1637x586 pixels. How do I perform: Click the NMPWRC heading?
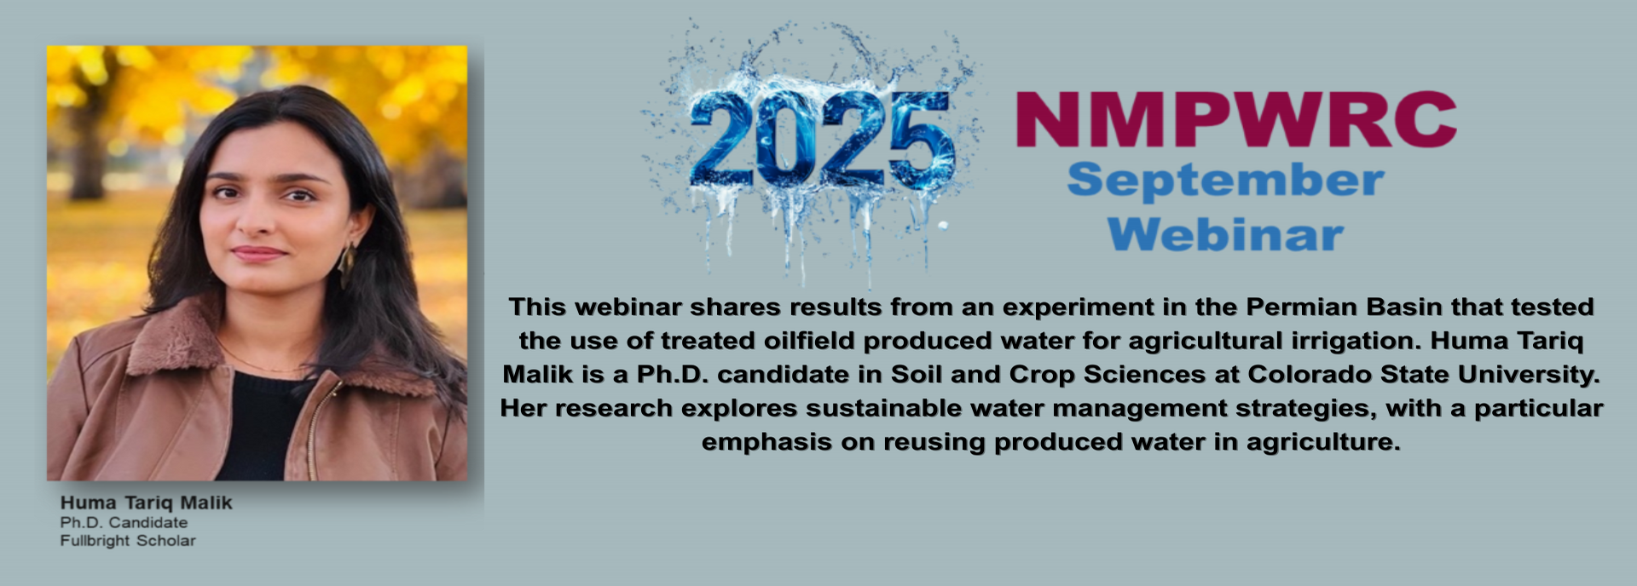coord(1236,120)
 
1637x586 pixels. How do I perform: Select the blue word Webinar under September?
coord(1225,234)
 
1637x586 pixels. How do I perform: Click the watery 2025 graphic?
coord(820,141)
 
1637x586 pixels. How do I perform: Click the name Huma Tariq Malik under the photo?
coord(146,503)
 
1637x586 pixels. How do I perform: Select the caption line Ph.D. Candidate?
coord(124,522)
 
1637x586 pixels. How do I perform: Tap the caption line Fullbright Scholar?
coord(128,541)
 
